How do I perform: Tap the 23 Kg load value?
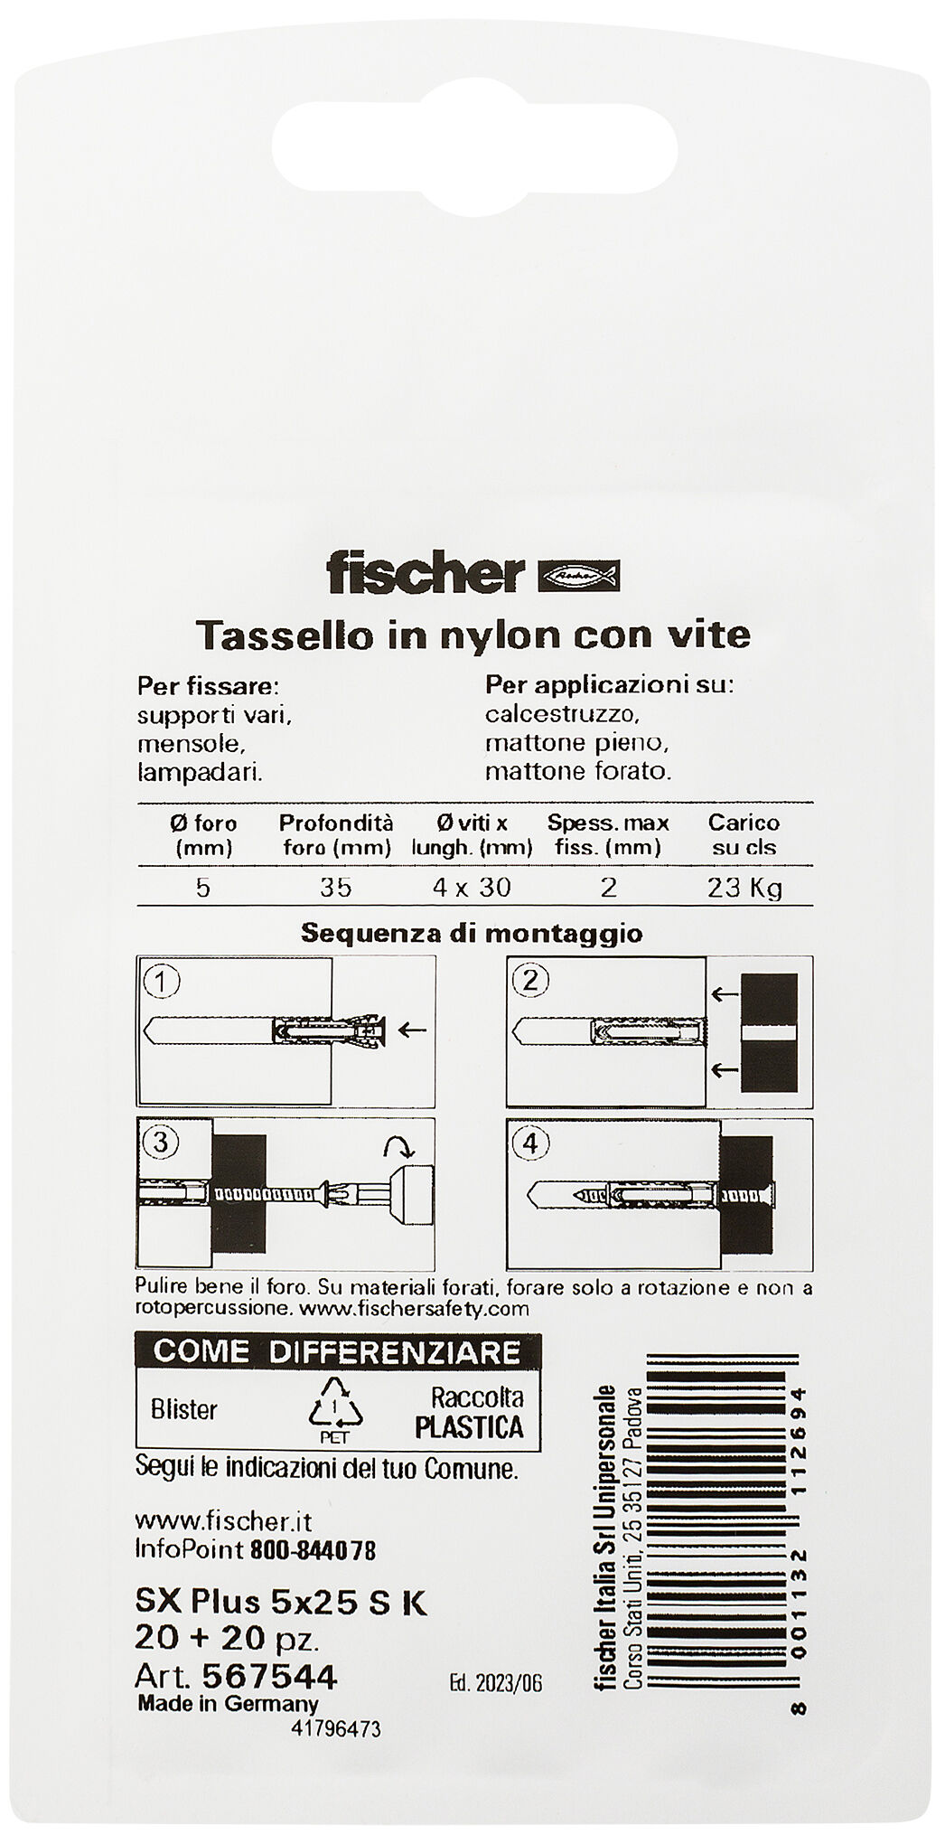(744, 888)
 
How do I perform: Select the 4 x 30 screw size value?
(471, 888)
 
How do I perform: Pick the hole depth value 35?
(335, 888)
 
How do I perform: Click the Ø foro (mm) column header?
(202, 835)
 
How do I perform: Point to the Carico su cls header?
(744, 835)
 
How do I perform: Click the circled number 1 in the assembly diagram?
(162, 982)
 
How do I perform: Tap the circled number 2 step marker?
(530, 980)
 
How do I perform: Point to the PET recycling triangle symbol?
(334, 1407)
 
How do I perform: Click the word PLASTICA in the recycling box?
(469, 1426)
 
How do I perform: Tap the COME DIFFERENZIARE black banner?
(337, 1351)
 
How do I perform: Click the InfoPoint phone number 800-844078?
(313, 1550)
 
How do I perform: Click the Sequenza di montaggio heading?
(471, 933)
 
